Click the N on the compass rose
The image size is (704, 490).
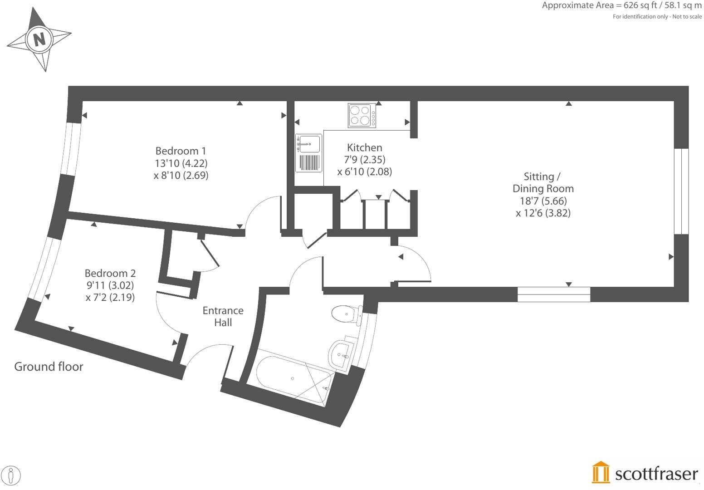pos(40,39)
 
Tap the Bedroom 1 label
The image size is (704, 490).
pos(181,151)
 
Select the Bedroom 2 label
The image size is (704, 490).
pos(110,273)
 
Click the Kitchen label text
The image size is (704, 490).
pos(364,147)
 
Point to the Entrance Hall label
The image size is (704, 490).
pos(223,316)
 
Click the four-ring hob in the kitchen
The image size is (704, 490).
pos(362,116)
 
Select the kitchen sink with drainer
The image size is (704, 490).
pos(308,153)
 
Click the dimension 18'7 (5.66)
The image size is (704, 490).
pos(543,201)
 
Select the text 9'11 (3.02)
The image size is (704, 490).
pos(110,285)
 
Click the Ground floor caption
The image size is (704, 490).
pos(49,367)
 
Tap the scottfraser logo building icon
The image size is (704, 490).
pos(601,473)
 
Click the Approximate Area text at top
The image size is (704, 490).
pos(621,5)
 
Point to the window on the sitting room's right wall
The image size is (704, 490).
pos(681,191)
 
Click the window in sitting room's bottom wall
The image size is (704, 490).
pos(553,294)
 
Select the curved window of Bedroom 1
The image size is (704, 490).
pos(68,148)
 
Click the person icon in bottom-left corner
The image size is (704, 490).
pos(11,476)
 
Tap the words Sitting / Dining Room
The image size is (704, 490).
pos(543,182)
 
